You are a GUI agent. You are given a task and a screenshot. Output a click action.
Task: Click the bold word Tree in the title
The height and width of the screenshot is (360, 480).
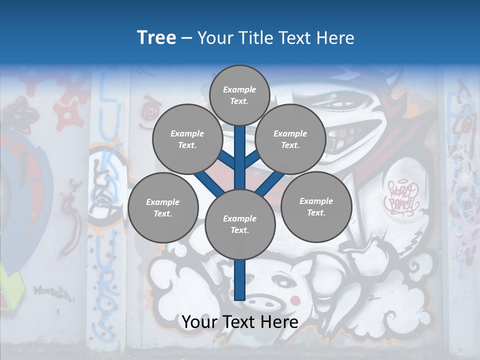(x=156, y=37)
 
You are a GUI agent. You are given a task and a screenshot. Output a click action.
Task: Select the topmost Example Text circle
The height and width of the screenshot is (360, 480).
(x=239, y=95)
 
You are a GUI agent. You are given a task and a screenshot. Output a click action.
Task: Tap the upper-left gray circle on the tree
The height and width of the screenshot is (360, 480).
(x=187, y=139)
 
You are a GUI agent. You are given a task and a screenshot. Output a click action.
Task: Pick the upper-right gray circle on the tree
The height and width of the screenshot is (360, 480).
(x=290, y=139)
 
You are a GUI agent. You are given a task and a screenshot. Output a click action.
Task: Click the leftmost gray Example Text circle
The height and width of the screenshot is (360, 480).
(x=162, y=207)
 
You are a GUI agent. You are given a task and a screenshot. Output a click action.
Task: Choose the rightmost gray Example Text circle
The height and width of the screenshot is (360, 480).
(x=316, y=206)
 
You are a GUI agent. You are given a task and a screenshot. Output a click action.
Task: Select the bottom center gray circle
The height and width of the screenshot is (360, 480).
(x=239, y=224)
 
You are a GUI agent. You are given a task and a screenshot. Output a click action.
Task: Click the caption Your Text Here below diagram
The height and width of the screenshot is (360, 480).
(x=240, y=322)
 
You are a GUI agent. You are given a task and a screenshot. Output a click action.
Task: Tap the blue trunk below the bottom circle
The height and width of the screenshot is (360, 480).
(x=240, y=280)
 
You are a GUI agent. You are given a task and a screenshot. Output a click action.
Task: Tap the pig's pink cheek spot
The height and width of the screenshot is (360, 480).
(x=296, y=300)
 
